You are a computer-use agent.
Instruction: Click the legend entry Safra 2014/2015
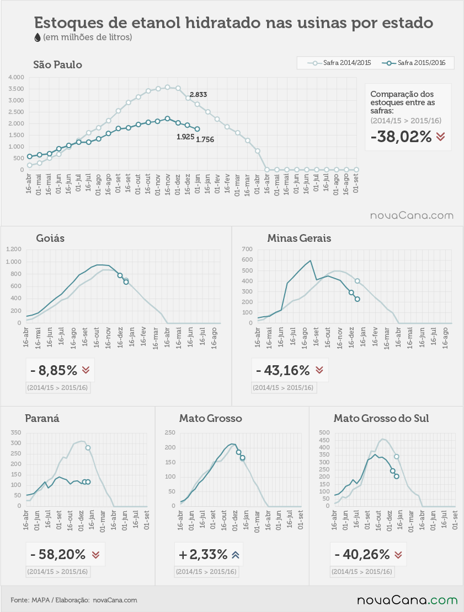[339, 63]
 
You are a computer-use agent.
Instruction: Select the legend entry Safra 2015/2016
[414, 63]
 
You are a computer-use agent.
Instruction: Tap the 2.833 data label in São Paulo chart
[198, 94]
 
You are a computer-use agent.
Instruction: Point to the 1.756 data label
[205, 140]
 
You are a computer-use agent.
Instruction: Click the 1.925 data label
[185, 137]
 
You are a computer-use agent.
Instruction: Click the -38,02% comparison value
[401, 137]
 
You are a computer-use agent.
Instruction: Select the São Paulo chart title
[57, 64]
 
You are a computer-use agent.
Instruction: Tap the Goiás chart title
[50, 238]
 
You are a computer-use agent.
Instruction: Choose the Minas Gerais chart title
[299, 238]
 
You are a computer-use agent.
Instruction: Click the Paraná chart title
[42, 419]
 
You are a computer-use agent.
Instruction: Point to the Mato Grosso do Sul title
[381, 419]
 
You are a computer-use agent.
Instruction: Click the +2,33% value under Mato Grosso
[203, 554]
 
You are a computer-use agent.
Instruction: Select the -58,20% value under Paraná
[58, 554]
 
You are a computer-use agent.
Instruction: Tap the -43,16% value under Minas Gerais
[282, 370]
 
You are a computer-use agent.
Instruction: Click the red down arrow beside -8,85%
[86, 370]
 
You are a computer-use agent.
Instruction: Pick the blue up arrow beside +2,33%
[235, 555]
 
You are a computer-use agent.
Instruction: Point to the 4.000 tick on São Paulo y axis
[16, 77]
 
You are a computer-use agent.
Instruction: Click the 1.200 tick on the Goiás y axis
[14, 249]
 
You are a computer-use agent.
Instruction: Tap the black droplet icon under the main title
[38, 37]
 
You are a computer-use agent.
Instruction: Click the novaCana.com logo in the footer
[407, 600]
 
